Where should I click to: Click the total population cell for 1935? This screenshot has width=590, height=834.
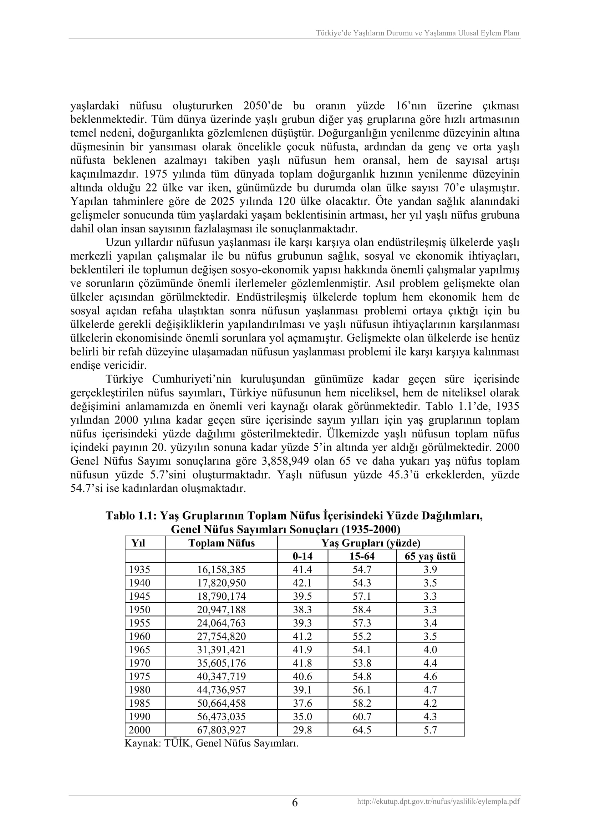point(221,569)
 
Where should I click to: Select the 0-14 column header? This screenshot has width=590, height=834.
point(302,556)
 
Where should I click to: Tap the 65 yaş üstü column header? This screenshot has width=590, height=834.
point(430,556)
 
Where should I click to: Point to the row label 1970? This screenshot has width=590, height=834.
point(139,663)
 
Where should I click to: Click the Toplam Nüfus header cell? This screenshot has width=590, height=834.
point(221,543)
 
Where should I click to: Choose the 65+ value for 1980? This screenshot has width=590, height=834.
point(430,690)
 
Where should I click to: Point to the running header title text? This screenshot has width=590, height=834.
point(417,33)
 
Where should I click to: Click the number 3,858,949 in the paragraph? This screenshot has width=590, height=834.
point(285,461)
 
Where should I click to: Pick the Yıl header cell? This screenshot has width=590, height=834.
point(138,543)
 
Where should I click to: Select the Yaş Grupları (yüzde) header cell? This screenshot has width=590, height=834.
point(371,543)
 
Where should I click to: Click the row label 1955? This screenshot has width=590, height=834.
point(139,623)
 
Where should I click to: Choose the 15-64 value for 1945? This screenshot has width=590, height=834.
point(362,596)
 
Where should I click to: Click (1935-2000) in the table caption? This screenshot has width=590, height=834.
point(371,529)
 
